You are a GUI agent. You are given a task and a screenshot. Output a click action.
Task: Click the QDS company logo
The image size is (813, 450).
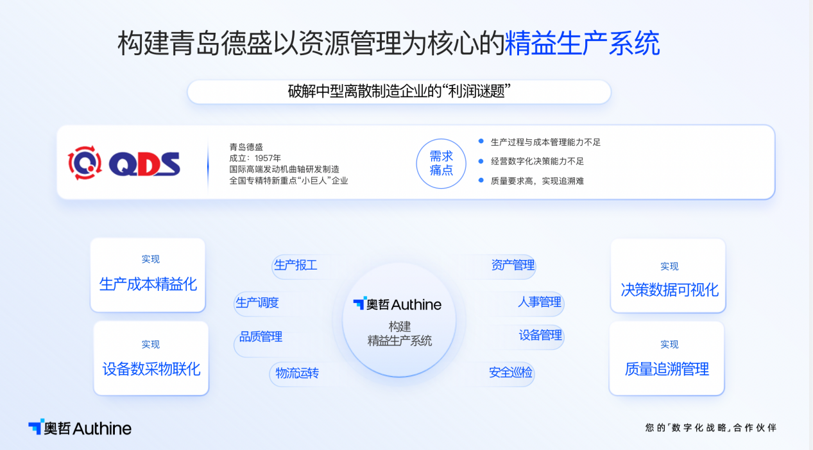point(124,162)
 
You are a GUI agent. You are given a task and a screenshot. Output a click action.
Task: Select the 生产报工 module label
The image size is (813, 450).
point(296,265)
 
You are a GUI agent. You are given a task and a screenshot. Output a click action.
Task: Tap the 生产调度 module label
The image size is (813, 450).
point(257,302)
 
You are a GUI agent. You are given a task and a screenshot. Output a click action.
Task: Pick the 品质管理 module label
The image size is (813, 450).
point(261,336)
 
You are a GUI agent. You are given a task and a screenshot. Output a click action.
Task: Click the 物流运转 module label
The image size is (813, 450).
point(297,373)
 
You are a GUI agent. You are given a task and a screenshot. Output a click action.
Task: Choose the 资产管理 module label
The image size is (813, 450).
point(513,265)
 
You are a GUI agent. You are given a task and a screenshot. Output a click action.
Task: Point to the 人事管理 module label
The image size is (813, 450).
point(540,302)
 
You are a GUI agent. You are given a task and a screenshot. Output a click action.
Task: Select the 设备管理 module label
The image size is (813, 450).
point(540,335)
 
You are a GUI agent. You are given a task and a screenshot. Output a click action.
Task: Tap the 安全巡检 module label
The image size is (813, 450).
point(511,372)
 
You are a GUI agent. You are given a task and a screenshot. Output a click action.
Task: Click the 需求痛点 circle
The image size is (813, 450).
point(441,163)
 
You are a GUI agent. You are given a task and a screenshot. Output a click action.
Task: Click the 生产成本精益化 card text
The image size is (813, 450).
point(148,284)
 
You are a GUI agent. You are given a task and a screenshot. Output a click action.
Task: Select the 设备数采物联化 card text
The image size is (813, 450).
point(151,369)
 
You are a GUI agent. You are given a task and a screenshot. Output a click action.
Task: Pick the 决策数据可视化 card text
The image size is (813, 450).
point(669,290)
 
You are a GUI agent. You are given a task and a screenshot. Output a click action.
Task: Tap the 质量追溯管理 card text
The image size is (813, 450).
point(667,369)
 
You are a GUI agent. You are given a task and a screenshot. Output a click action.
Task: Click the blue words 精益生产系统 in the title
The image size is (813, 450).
point(582,44)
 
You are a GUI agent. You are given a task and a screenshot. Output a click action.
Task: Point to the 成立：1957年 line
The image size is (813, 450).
point(255,158)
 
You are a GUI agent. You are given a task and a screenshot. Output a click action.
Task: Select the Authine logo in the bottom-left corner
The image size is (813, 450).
point(80,428)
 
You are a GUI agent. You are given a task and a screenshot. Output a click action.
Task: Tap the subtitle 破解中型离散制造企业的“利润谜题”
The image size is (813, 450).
point(399,92)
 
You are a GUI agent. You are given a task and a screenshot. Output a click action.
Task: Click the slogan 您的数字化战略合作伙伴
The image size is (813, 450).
point(710,428)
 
